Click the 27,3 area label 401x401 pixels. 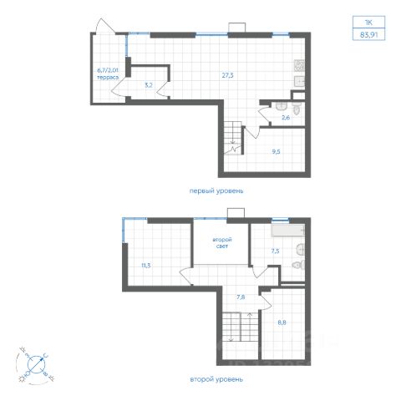[227, 75]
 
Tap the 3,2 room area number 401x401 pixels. [149, 85]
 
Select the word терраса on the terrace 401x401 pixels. [108, 78]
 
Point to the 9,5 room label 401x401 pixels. [276, 152]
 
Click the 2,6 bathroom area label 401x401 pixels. [286, 118]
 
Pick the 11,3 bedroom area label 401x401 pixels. [146, 266]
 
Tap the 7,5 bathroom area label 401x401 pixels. [275, 251]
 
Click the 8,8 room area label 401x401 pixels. [282, 322]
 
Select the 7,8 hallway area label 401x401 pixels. [241, 297]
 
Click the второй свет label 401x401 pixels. [222, 243]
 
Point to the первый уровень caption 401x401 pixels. [216, 191]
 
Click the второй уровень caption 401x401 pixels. [216, 379]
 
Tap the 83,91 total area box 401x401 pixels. [368, 34]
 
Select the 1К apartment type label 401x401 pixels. [368, 23]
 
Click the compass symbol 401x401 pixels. [36, 365]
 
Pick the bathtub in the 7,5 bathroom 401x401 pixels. [288, 231]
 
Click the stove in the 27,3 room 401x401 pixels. [299, 66]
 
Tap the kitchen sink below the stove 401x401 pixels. [299, 81]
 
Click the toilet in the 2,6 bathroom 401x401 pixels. [297, 109]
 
